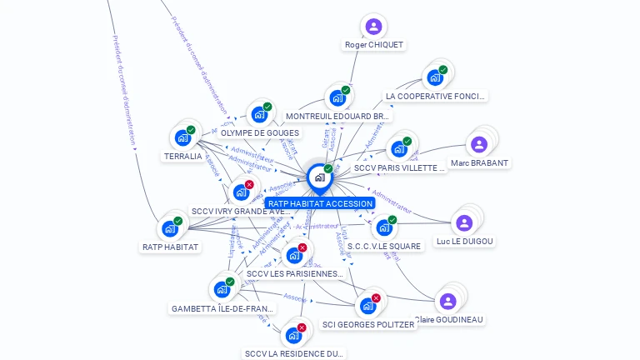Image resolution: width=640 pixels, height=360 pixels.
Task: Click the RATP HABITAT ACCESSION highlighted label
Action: (320, 203)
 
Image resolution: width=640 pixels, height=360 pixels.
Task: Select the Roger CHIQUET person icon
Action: (373, 27)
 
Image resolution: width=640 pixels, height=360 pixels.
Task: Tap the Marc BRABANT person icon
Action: (479, 144)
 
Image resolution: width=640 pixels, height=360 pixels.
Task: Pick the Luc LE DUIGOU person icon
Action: (464, 222)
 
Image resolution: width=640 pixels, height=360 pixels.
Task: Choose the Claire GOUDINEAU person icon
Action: (448, 301)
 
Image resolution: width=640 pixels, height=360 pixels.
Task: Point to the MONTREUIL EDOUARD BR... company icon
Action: (337, 97)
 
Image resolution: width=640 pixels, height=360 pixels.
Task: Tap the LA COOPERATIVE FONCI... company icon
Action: (434, 77)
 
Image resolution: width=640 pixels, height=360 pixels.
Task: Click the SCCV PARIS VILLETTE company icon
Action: (399, 149)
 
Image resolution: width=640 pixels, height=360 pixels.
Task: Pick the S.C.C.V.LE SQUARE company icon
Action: (384, 227)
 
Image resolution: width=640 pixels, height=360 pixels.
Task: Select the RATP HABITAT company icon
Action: (170, 228)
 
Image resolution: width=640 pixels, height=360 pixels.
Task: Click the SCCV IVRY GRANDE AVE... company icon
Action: (241, 192)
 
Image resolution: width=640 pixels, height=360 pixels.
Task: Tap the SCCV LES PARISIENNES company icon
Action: (294, 255)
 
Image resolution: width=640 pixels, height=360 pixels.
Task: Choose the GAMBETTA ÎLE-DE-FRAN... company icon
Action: (222, 289)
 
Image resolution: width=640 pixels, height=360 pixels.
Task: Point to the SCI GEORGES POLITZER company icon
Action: (367, 306)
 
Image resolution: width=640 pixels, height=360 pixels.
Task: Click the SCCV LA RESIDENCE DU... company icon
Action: (293, 335)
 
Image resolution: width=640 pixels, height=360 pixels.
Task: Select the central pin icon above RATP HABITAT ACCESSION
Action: (320, 177)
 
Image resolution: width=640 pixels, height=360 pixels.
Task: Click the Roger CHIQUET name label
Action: (374, 45)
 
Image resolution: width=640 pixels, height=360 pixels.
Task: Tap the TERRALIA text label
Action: (183, 156)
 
